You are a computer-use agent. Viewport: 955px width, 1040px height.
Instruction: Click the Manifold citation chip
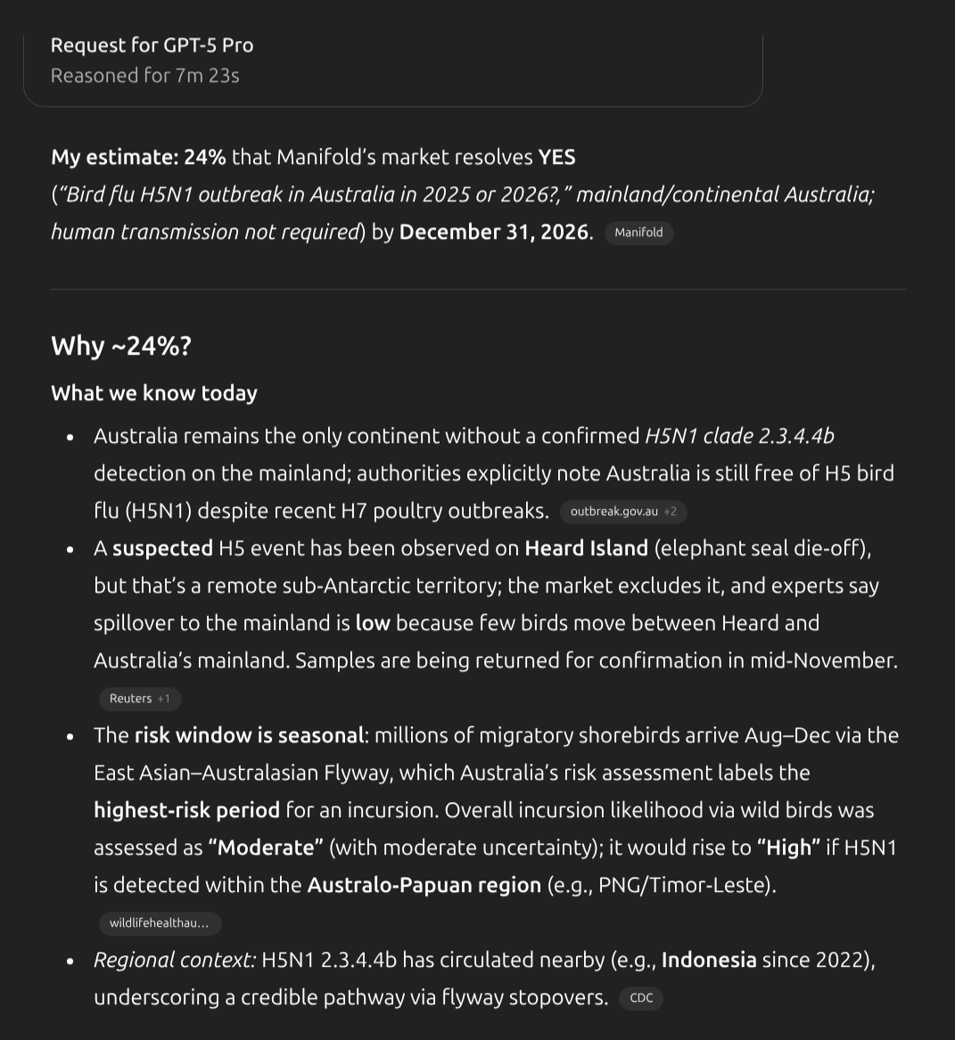pos(638,233)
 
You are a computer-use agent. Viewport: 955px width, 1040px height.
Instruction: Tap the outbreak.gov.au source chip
pos(622,512)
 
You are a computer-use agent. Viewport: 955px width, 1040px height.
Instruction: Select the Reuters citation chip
pos(139,699)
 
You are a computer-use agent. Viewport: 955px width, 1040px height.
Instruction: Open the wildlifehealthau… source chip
pos(159,923)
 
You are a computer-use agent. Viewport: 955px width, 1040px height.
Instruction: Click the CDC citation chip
pos(641,998)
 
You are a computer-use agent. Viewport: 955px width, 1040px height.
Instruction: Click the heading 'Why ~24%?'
pos(121,346)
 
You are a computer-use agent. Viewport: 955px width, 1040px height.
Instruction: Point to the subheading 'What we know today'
pos(154,393)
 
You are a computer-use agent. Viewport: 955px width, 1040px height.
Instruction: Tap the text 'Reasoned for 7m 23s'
pos(144,76)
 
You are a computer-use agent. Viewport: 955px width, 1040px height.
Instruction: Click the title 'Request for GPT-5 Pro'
pos(152,45)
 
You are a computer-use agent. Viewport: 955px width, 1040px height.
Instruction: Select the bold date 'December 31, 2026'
pos(493,232)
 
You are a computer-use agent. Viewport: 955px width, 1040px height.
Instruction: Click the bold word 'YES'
pos(556,158)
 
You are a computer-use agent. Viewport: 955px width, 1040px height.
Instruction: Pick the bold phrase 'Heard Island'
pos(586,548)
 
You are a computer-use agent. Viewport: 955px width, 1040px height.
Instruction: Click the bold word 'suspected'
pos(162,548)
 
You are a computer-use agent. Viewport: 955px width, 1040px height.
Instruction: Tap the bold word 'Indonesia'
pos(709,960)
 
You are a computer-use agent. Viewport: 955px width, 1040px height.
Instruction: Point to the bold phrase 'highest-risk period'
pos(186,810)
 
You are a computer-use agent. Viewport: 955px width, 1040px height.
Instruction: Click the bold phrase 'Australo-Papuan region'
pos(424,885)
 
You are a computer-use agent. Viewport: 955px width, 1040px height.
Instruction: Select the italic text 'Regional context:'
pos(175,960)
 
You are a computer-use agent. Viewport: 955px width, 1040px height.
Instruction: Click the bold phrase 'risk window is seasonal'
pos(249,735)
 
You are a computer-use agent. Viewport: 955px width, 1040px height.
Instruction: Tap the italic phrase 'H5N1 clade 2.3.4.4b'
pos(739,436)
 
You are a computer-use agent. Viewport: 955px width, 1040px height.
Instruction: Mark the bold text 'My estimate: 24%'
pos(138,158)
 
